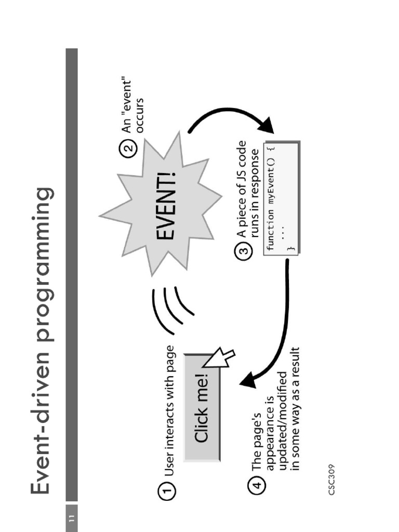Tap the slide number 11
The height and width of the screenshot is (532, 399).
(71, 517)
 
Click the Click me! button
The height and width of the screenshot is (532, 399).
(202, 407)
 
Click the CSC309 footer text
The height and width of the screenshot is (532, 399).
(332, 479)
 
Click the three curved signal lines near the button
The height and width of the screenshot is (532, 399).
(171, 309)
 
